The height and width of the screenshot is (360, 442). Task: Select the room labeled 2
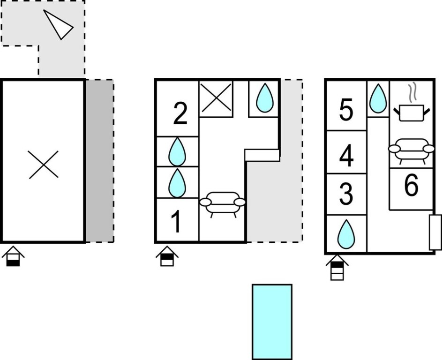180,113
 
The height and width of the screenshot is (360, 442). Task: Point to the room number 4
346,155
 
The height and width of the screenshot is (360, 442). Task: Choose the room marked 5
346,109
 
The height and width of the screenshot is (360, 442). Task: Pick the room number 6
411,185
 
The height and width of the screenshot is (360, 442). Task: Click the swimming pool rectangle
272,322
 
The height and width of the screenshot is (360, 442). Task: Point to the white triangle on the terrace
59,24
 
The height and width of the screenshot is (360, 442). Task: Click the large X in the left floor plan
44,165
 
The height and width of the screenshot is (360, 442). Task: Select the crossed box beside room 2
216,98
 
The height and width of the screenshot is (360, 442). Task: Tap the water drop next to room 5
378,98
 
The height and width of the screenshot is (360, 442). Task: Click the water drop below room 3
346,234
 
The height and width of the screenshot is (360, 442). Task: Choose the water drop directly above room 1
177,183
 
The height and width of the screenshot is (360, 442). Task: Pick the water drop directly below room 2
177,151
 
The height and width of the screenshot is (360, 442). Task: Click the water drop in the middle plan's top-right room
265,97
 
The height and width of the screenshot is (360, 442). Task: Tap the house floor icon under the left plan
13,256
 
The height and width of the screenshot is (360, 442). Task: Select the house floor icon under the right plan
337,267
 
